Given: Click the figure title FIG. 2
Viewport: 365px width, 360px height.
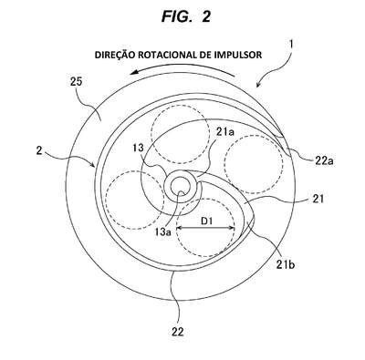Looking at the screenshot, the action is [185, 16].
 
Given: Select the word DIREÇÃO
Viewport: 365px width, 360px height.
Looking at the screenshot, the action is [115, 55].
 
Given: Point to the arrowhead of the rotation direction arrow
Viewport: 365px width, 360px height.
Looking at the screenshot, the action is [134, 73].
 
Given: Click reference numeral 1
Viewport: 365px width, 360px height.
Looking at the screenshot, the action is [291, 45].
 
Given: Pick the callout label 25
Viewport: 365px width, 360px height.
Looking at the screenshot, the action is [76, 82].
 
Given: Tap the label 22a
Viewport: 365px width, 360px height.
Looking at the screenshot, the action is [325, 160].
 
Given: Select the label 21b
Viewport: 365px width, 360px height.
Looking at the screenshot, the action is [286, 265].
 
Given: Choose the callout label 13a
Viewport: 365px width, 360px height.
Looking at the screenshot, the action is [162, 232].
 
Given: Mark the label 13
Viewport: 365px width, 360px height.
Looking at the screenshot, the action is [139, 148].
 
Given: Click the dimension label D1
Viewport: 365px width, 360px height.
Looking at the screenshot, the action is [206, 221].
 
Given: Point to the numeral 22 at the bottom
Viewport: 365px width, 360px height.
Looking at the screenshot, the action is [178, 332].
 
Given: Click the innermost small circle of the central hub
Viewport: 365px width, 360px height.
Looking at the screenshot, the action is [179, 188].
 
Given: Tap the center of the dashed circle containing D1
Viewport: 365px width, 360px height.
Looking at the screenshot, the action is [206, 228].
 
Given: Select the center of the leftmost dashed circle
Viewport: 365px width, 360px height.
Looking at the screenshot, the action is [134, 200].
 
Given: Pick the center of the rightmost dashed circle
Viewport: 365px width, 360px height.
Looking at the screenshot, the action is [254, 164].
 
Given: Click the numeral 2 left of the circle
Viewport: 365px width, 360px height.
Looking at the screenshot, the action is [39, 151].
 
